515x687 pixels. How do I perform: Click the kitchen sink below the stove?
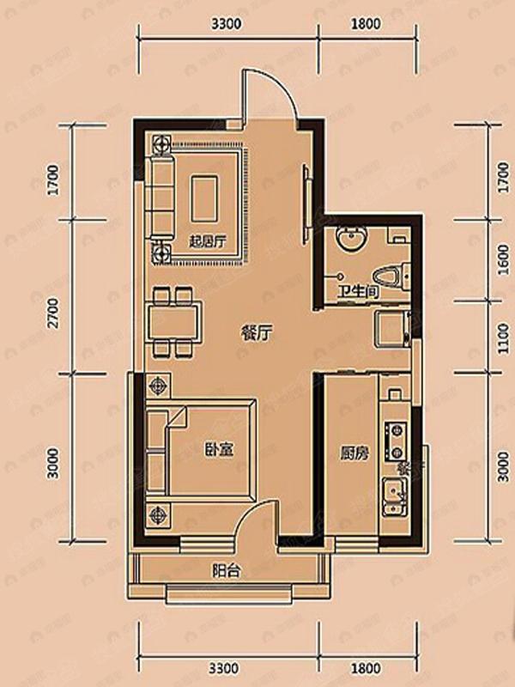point(395,496)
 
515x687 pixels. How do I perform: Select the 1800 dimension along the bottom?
point(366,665)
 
